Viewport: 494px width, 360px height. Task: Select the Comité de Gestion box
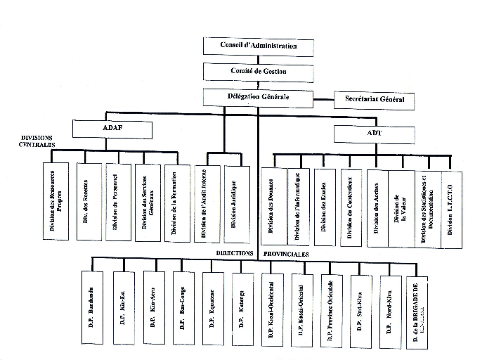tap(258, 72)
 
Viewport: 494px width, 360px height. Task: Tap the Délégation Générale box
tap(258, 97)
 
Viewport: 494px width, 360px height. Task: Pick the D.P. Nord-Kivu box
tap(390, 309)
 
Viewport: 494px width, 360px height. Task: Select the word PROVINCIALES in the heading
tap(287, 253)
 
